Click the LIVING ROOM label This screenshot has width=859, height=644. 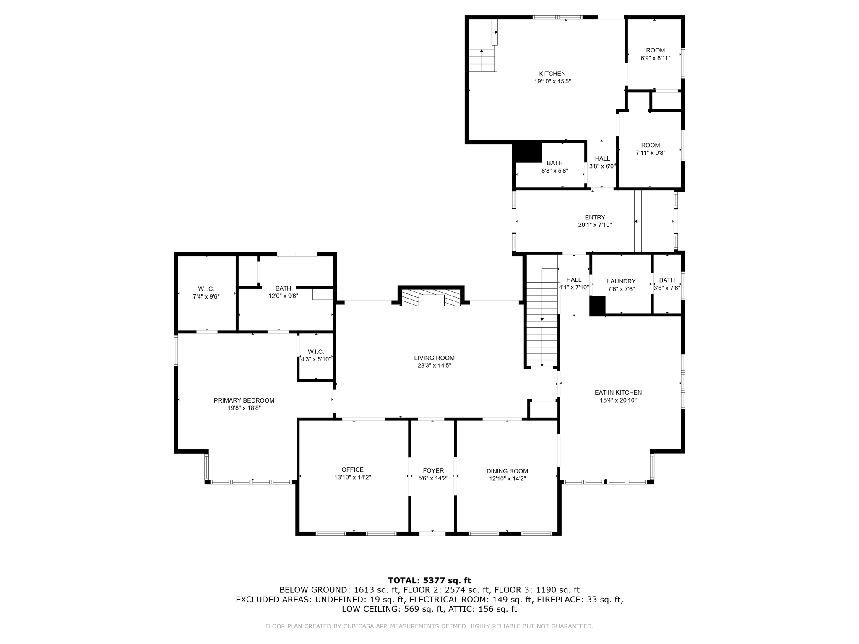coord(434,358)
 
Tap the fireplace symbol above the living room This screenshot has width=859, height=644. coord(431,296)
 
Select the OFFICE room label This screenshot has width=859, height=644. coord(352,470)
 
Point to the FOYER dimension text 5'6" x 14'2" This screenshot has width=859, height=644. coord(433,478)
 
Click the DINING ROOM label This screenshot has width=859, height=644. coord(507,471)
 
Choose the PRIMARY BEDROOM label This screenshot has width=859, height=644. coord(244,400)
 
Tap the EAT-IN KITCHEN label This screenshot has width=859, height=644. coord(618,392)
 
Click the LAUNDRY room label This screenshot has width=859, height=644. coord(621,281)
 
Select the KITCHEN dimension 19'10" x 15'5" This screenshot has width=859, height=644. coord(552,81)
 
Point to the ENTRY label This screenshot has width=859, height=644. coord(595,217)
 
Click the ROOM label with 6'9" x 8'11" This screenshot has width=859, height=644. coord(655,50)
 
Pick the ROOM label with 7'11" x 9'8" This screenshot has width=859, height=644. coord(651,145)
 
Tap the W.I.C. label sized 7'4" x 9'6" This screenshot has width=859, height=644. coord(206,289)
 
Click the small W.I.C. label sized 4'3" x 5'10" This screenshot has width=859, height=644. coord(316,352)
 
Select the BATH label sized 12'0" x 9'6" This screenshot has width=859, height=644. coord(283,288)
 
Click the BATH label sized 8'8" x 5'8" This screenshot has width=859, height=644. coord(554,163)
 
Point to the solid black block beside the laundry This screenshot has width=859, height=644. coord(598,306)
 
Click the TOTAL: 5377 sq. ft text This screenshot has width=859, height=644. coord(429,580)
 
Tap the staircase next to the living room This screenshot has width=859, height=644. coord(542,325)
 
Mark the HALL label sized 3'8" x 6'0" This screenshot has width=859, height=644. coord(602,158)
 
